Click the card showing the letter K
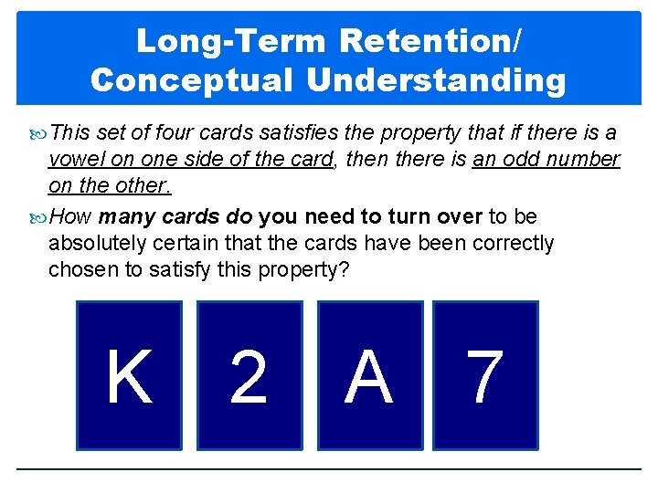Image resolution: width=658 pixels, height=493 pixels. click(x=129, y=375)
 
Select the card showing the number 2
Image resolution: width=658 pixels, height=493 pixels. click(x=249, y=375)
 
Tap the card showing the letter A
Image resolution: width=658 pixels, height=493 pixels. click(x=369, y=375)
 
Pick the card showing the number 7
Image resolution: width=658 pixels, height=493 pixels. click(x=485, y=375)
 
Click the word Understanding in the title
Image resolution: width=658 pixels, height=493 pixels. click(x=437, y=80)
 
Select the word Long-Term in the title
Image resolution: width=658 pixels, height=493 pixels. click(x=232, y=41)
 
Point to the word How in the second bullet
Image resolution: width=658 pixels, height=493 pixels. click(x=70, y=217)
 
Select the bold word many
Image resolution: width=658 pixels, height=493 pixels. click(x=127, y=217)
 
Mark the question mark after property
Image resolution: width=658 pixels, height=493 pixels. click(x=345, y=270)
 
